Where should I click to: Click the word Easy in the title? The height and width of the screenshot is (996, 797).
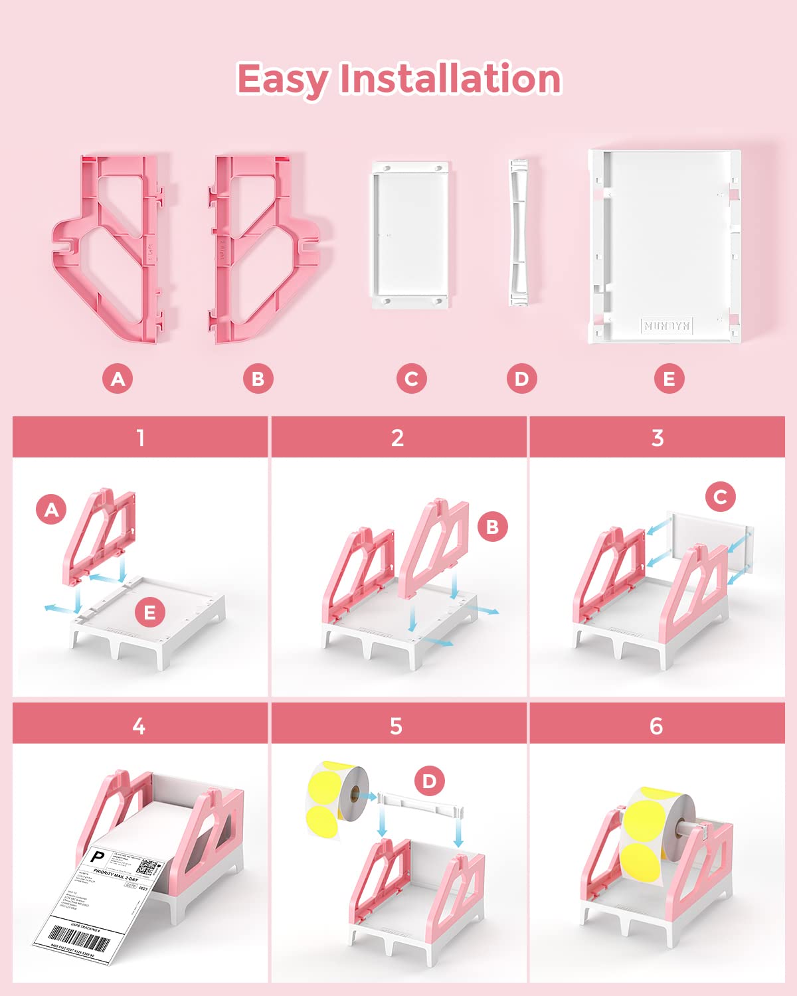point(282,80)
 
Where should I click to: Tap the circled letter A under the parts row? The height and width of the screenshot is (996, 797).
point(118,379)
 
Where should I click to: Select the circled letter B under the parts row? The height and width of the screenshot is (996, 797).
point(258,379)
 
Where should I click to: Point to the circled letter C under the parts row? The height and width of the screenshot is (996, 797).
point(411,379)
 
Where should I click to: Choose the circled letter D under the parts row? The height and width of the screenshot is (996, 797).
point(521,379)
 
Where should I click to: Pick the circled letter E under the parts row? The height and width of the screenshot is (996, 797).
point(669,379)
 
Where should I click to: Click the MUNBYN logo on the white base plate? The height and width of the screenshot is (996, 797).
point(667,325)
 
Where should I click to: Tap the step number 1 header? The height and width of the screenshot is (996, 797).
point(140,438)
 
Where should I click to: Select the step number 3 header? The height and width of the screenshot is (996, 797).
point(657,438)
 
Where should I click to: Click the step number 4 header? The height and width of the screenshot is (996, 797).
point(139,726)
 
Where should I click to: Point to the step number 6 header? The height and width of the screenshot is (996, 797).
point(656,726)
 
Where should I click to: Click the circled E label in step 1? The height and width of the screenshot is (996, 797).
point(149,612)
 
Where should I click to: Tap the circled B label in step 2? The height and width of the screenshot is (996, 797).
point(492,527)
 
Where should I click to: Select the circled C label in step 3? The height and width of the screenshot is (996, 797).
point(721,497)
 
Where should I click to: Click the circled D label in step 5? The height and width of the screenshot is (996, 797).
point(429,781)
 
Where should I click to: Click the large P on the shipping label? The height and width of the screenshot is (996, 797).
point(98,857)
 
